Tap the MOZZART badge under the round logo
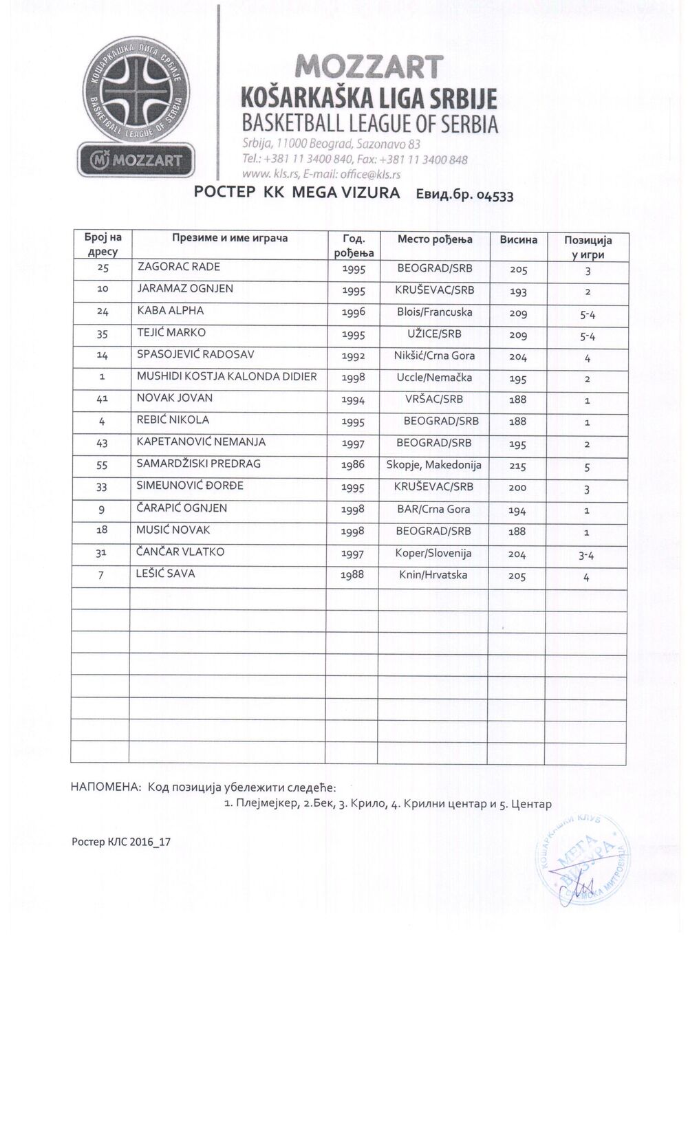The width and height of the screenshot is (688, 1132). pyautogui.click(x=137, y=161)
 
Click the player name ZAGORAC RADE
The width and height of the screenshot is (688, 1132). pyautogui.click(x=179, y=267)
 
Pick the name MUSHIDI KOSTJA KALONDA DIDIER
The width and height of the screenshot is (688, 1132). pyautogui.click(x=226, y=377)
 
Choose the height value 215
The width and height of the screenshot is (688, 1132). pyautogui.click(x=518, y=466)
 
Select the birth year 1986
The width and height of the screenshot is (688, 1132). pyautogui.click(x=353, y=465)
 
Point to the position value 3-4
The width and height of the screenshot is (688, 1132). pyautogui.click(x=587, y=555)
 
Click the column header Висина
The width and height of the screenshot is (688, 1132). pyautogui.click(x=518, y=239)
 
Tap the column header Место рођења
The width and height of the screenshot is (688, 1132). pyautogui.click(x=435, y=239)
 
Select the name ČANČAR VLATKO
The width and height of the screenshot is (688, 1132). pyautogui.click(x=180, y=552)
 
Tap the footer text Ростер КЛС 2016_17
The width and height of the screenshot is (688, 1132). pyautogui.click(x=121, y=842)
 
